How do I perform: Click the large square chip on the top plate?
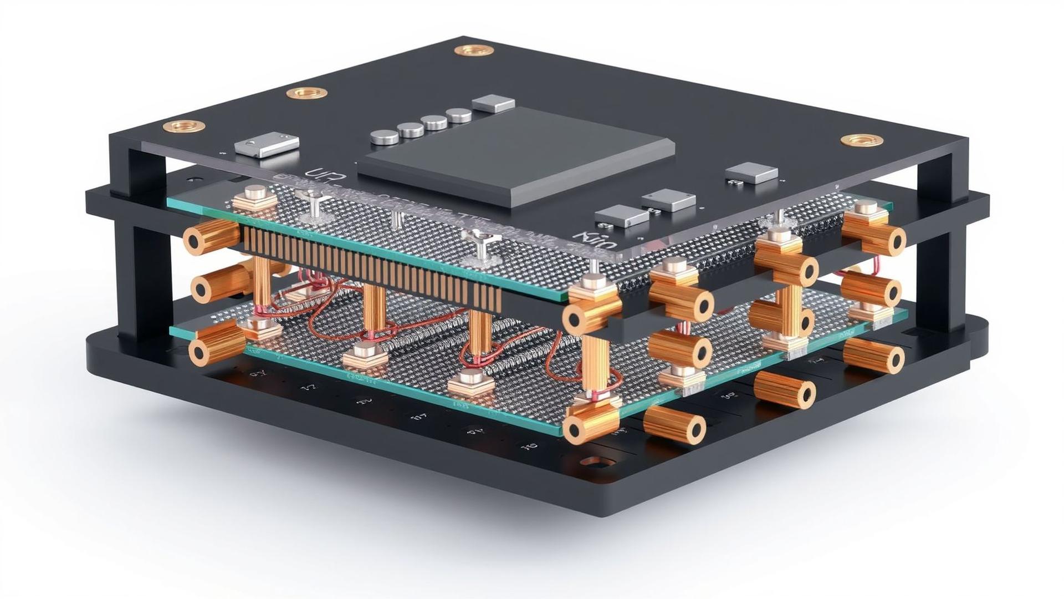515,155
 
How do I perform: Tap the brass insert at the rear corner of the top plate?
474,50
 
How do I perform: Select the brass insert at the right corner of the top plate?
862,140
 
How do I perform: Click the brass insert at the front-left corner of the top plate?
183,126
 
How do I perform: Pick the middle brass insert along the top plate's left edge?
306,93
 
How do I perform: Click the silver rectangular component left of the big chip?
266,144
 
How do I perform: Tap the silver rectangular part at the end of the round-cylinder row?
493,103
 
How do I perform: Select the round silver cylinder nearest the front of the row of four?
384,136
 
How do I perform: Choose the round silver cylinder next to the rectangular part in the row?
458,115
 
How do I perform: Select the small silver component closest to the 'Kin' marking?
621,216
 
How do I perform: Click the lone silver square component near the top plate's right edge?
751,172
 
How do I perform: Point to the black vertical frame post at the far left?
141,244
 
